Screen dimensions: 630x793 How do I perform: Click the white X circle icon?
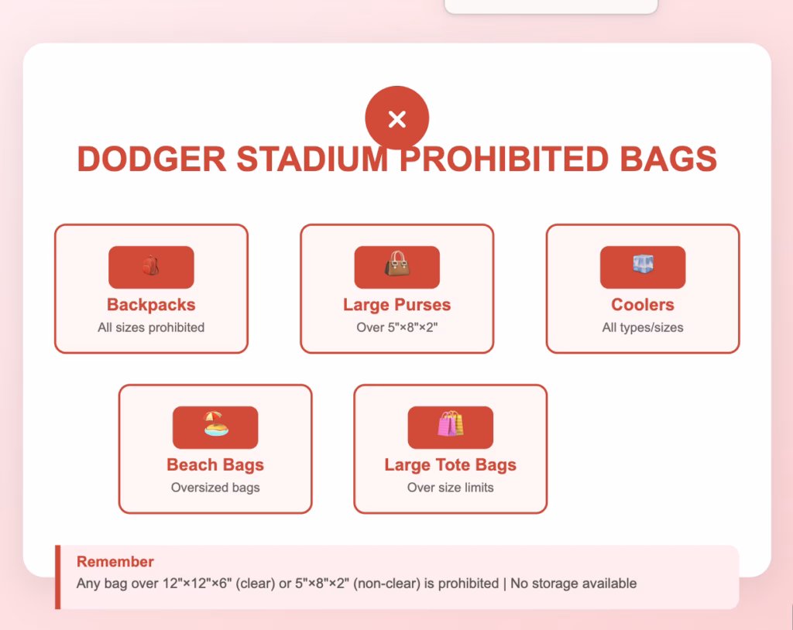click(x=396, y=118)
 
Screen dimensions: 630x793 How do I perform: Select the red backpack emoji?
click(x=151, y=266)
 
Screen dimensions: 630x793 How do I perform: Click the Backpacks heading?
click(x=151, y=305)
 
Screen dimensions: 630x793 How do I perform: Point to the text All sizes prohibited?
click(x=151, y=327)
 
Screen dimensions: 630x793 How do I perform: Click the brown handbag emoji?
click(x=396, y=265)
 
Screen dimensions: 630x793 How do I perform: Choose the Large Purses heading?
click(x=396, y=305)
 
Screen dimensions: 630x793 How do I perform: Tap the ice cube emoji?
click(x=643, y=265)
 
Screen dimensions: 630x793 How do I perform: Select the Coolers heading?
click(x=643, y=305)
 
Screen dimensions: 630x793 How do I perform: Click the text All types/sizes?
click(x=643, y=327)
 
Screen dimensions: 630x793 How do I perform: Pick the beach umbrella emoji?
click(x=215, y=425)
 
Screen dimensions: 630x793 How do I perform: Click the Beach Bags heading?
click(x=215, y=465)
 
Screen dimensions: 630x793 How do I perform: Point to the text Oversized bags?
click(x=215, y=488)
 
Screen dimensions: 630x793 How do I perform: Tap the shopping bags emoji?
click(x=450, y=425)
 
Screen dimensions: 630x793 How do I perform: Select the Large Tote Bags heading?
click(x=450, y=465)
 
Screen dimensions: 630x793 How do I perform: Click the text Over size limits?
click(x=450, y=488)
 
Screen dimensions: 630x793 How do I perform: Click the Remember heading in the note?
click(x=115, y=562)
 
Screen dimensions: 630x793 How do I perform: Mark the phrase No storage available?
click(x=573, y=584)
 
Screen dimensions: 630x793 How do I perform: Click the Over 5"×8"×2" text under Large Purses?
click(x=396, y=327)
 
